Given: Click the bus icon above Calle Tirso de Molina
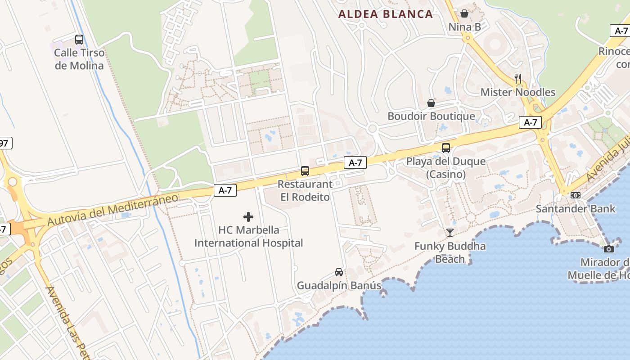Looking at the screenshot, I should click(x=79, y=40).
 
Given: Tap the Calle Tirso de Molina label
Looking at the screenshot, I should click(x=79, y=59).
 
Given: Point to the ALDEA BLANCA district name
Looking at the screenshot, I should click(x=386, y=14).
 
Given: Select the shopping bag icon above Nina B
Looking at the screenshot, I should click(x=464, y=13).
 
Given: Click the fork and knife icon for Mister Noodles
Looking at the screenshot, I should click(x=518, y=79).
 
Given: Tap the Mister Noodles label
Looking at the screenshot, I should click(x=518, y=92).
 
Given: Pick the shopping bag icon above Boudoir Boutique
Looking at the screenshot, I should click(x=431, y=103).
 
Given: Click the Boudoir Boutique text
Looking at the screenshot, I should click(x=431, y=116).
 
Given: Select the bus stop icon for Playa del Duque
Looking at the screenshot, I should click(x=446, y=148).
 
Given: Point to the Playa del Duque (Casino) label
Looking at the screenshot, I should click(x=446, y=167).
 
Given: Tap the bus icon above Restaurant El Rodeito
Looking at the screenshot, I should click(x=305, y=171).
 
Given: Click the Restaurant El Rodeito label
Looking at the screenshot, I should click(x=305, y=190).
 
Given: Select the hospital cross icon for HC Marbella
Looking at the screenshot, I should click(x=248, y=217).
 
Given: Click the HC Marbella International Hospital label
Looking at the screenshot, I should click(x=248, y=236).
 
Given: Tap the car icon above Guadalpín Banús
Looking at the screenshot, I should click(x=339, y=272).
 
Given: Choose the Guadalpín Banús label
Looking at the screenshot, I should click(x=339, y=285).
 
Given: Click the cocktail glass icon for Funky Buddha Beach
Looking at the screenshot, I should click(x=450, y=233).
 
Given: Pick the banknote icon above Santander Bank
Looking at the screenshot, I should click(x=576, y=195).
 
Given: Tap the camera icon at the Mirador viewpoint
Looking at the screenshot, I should click(x=609, y=249).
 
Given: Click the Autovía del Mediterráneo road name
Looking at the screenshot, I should click(x=112, y=210).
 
